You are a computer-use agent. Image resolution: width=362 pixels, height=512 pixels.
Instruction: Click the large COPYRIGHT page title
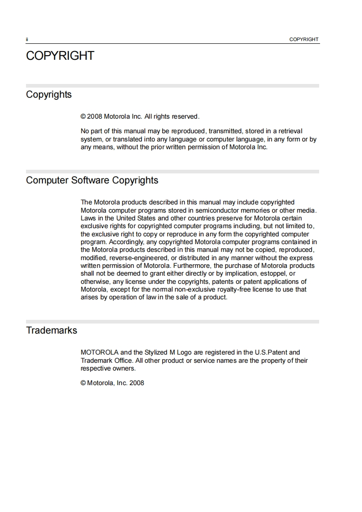60,56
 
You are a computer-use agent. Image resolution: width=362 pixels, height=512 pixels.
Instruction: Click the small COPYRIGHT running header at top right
304,39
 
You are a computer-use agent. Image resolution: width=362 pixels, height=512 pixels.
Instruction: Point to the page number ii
27,40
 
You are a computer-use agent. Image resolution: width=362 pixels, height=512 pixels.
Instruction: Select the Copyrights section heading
49,94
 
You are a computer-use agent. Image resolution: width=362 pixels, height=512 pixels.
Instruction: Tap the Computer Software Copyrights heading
92,180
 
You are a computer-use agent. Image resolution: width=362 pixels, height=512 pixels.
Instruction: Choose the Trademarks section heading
52,330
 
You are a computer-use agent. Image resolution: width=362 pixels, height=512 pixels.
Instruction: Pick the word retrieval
288,131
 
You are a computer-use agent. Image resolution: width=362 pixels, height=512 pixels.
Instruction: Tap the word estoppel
269,273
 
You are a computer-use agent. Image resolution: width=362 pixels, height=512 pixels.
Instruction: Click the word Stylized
156,352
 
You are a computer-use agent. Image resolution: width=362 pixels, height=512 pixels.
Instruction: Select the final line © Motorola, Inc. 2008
112,383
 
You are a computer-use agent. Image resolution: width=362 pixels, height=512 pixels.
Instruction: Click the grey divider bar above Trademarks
172,321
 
